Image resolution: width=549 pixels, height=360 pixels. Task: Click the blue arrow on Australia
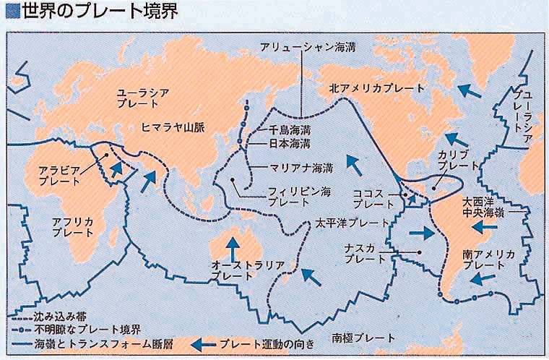[x=233, y=247]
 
